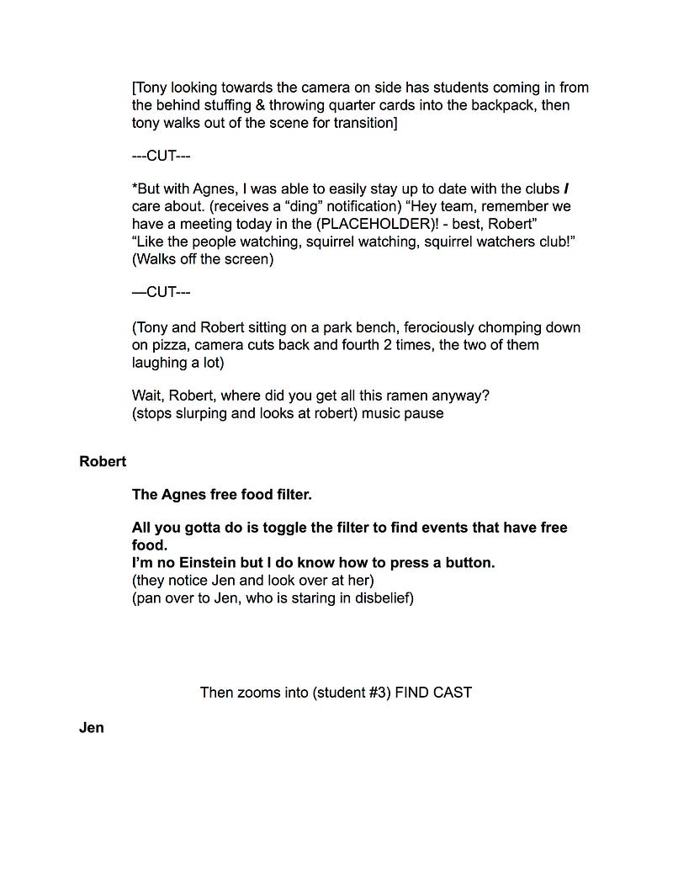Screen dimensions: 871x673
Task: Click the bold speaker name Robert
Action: point(103,461)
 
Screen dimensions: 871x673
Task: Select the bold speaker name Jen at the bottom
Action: point(92,728)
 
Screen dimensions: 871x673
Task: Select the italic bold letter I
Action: point(576,189)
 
